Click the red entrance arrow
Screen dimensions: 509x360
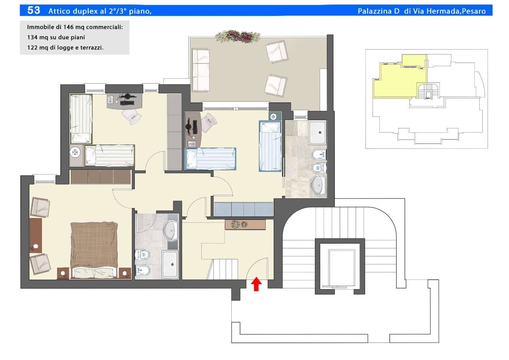[256, 284]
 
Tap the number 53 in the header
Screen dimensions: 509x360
[34, 10]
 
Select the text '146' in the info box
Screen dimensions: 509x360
[68, 27]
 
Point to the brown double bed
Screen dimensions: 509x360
[94, 250]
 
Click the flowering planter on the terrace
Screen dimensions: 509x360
[238, 36]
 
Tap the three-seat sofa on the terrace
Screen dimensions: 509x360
[200, 70]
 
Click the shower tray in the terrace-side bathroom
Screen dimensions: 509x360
[317, 132]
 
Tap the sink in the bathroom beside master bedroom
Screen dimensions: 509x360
[171, 230]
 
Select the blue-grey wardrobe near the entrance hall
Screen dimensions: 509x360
[243, 209]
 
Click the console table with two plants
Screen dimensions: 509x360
[245, 224]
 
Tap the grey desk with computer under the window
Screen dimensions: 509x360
[124, 101]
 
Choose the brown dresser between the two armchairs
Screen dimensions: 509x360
[36, 236]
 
